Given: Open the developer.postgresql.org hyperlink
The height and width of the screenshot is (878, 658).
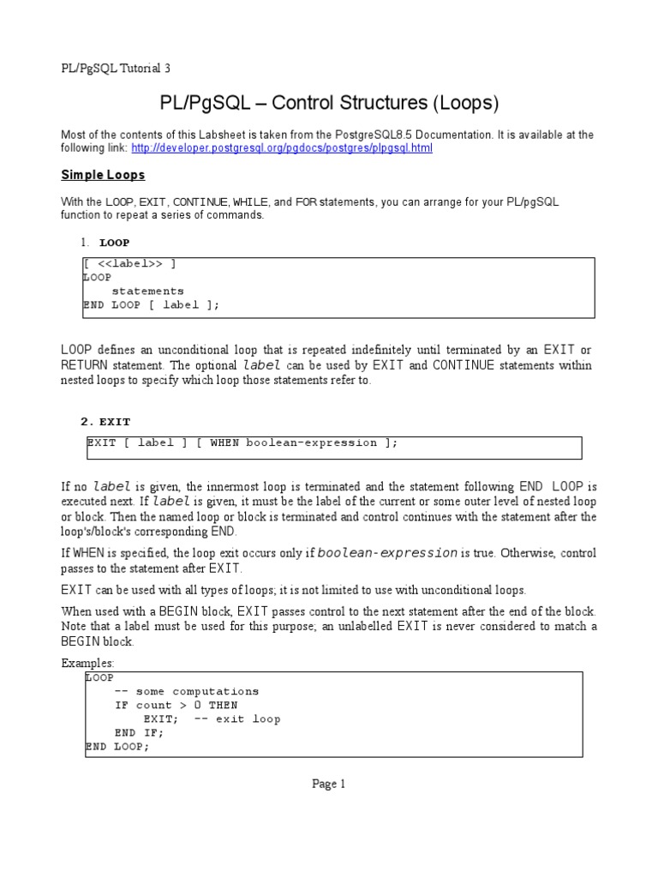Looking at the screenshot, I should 282,148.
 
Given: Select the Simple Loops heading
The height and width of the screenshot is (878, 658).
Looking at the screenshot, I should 103,175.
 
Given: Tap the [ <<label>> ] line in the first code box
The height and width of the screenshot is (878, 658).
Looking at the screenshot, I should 130,263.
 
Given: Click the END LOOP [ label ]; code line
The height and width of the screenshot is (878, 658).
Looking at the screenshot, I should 152,304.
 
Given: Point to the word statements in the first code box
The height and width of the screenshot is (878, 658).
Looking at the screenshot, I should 147,291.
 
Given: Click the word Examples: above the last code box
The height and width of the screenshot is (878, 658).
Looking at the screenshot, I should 87,664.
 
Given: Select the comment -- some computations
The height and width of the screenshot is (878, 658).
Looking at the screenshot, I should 187,691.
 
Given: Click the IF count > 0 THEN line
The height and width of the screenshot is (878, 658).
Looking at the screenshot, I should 176,705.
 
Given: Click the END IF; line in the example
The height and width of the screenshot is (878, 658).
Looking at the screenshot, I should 139,732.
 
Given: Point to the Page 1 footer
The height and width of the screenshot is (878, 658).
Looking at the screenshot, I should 329,784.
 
